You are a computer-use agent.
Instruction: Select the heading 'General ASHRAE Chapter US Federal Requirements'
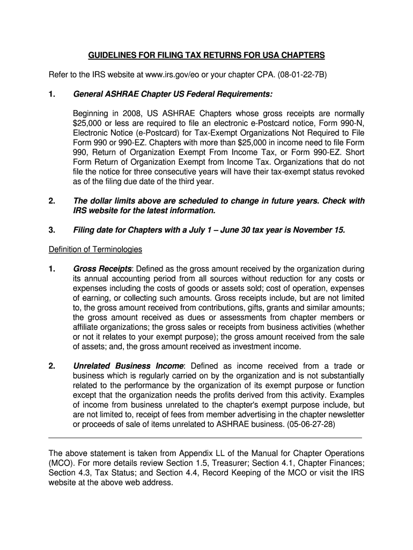[172, 95]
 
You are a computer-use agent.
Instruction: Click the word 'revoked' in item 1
[350, 172]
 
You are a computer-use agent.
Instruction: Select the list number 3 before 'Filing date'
[52, 230]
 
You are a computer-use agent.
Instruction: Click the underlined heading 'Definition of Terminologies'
[95, 249]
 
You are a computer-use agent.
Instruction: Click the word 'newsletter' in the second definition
[345, 414]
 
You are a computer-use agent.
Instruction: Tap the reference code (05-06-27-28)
[306, 424]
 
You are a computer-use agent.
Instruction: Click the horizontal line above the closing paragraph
[205, 438]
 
